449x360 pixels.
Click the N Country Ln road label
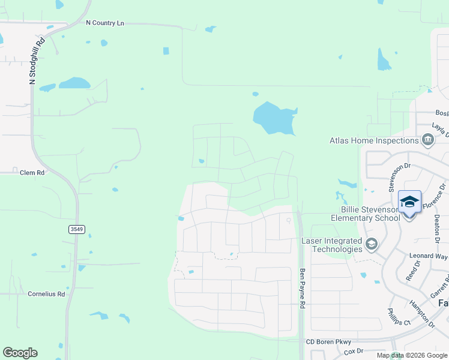tap(104, 23)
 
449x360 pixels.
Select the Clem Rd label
tap(32, 172)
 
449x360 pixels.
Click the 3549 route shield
tap(76, 229)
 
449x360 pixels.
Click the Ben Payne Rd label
tap(303, 288)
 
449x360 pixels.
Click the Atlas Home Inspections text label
tap(373, 141)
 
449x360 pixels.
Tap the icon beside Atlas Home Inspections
tap(428, 141)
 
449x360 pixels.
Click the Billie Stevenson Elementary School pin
tap(409, 203)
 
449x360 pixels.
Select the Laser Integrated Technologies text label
tap(331, 245)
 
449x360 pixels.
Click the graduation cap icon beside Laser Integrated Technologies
tap(372, 244)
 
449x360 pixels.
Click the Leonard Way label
tap(429, 256)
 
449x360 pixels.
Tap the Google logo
tap(20, 353)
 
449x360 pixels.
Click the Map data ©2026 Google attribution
tap(411, 355)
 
